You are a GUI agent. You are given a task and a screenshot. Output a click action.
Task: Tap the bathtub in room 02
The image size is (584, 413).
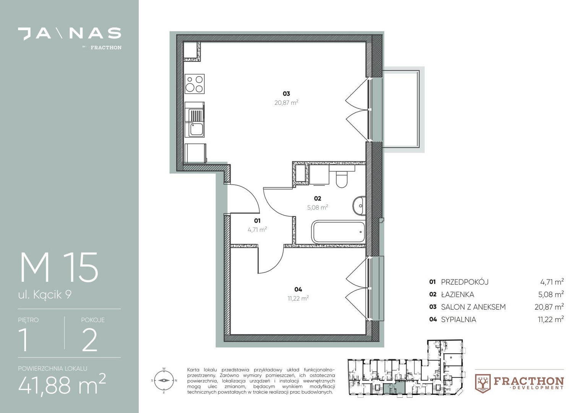click(338, 232)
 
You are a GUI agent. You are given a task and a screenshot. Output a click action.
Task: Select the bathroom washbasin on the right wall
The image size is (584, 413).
click(359, 206)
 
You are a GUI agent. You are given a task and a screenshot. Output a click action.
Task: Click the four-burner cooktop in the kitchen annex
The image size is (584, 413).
click(195, 84)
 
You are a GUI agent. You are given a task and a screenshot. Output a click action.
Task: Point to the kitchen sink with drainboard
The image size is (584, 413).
click(195, 119)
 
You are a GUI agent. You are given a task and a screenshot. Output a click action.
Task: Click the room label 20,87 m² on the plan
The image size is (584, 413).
click(286, 102)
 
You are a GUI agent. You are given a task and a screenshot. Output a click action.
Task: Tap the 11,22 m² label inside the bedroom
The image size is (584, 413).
click(298, 298)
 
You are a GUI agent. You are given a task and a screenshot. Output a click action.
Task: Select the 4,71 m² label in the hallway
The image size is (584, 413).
click(257, 229)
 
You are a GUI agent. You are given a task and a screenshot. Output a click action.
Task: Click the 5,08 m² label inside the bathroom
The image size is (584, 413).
click(318, 207)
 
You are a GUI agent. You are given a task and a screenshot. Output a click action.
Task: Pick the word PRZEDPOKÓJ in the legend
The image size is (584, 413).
click(465, 282)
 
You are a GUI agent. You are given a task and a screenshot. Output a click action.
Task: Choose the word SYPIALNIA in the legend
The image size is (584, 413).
click(459, 320)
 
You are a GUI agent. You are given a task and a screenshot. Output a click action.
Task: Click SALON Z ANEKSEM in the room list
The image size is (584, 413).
click(473, 307)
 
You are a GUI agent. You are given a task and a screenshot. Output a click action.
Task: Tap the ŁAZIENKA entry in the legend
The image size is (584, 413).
click(457, 294)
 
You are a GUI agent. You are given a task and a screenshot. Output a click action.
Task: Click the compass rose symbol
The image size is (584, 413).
click(164, 380)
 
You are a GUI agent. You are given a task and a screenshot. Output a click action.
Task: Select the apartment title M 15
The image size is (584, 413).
click(59, 267)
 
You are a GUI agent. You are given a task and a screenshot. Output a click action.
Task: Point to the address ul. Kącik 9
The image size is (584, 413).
click(45, 295)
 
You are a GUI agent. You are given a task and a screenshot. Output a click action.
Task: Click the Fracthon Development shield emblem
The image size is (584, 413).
click(483, 384)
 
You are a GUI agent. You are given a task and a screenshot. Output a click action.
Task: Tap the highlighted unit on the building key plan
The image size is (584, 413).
click(394, 387)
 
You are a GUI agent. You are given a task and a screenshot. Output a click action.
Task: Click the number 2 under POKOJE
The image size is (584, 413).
click(90, 340)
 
